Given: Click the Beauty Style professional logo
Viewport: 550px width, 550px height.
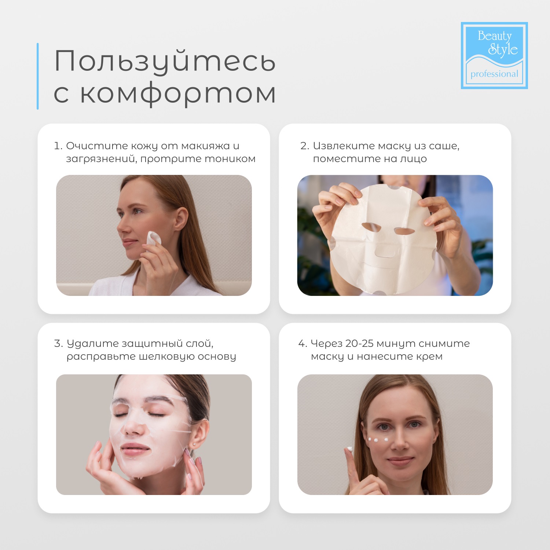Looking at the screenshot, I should tap(494, 55).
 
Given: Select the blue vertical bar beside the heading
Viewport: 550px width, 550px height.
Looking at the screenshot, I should tap(38, 76).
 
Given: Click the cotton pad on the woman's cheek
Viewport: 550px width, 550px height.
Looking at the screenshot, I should tap(154, 239).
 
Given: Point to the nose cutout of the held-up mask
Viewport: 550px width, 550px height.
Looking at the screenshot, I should tap(385, 252).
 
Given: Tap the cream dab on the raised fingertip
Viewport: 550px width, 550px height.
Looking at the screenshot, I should tap(350, 449).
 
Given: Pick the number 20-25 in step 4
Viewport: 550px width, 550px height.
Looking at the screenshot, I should tap(359, 344).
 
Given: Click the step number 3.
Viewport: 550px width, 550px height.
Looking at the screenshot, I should tap(58, 344).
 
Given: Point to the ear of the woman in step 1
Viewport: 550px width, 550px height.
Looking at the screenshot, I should tap(181, 219).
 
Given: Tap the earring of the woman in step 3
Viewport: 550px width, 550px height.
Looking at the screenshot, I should tap(194, 444).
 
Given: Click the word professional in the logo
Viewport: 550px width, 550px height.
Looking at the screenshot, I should tap(494, 74).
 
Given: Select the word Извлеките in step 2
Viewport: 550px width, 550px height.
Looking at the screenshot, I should tap(344, 146).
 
